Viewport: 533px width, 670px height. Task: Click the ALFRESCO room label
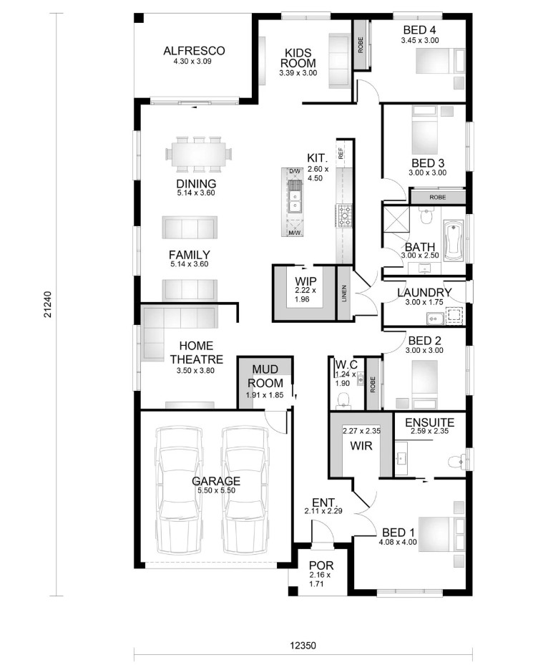click(194, 50)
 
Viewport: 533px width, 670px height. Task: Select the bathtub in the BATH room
click(453, 240)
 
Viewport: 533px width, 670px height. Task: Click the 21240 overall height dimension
click(47, 304)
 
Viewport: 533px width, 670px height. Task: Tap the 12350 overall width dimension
click(303, 645)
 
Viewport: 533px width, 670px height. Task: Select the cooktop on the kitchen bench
click(344, 215)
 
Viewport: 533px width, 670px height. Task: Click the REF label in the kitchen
click(341, 153)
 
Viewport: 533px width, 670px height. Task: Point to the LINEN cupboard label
click(344, 293)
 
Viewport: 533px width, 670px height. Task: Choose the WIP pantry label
click(305, 281)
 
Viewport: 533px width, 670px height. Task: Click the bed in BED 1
click(441, 534)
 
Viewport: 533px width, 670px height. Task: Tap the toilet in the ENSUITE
click(457, 461)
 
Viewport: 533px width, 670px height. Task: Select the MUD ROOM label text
click(265, 376)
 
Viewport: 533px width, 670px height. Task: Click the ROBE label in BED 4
click(361, 45)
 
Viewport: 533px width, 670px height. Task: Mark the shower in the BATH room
click(396, 220)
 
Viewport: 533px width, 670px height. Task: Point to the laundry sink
click(435, 319)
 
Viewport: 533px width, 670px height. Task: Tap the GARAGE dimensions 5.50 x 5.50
click(216, 490)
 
